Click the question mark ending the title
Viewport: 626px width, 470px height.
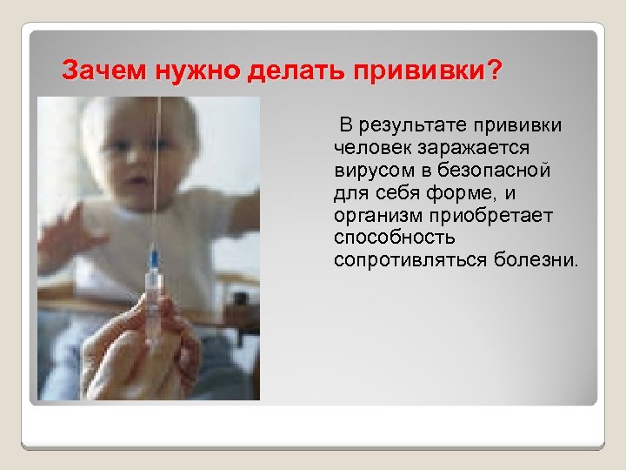(x=495, y=70)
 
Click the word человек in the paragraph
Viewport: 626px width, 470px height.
(x=370, y=149)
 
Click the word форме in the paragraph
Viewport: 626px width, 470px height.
(x=469, y=192)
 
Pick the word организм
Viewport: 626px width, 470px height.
(x=374, y=215)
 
